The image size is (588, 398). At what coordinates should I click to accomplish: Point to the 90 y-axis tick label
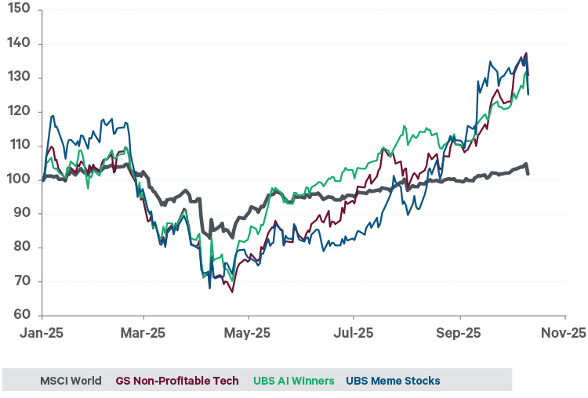(19, 213)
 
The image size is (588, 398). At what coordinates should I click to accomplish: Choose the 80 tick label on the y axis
(19, 248)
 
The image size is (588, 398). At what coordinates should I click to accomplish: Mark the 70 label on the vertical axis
(19, 281)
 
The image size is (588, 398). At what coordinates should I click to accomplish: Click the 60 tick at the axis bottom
(19, 315)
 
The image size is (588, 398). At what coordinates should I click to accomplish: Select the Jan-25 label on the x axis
(42, 333)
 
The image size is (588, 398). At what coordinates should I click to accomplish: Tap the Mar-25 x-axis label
(143, 333)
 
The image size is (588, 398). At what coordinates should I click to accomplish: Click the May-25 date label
(248, 333)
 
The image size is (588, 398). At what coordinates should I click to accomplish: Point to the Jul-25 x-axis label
(352, 333)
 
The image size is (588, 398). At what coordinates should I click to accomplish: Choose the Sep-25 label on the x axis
(459, 333)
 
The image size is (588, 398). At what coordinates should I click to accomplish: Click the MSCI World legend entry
(71, 381)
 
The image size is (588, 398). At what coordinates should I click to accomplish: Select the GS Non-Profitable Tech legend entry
(177, 381)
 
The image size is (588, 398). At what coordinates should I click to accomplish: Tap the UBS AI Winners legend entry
(293, 381)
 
